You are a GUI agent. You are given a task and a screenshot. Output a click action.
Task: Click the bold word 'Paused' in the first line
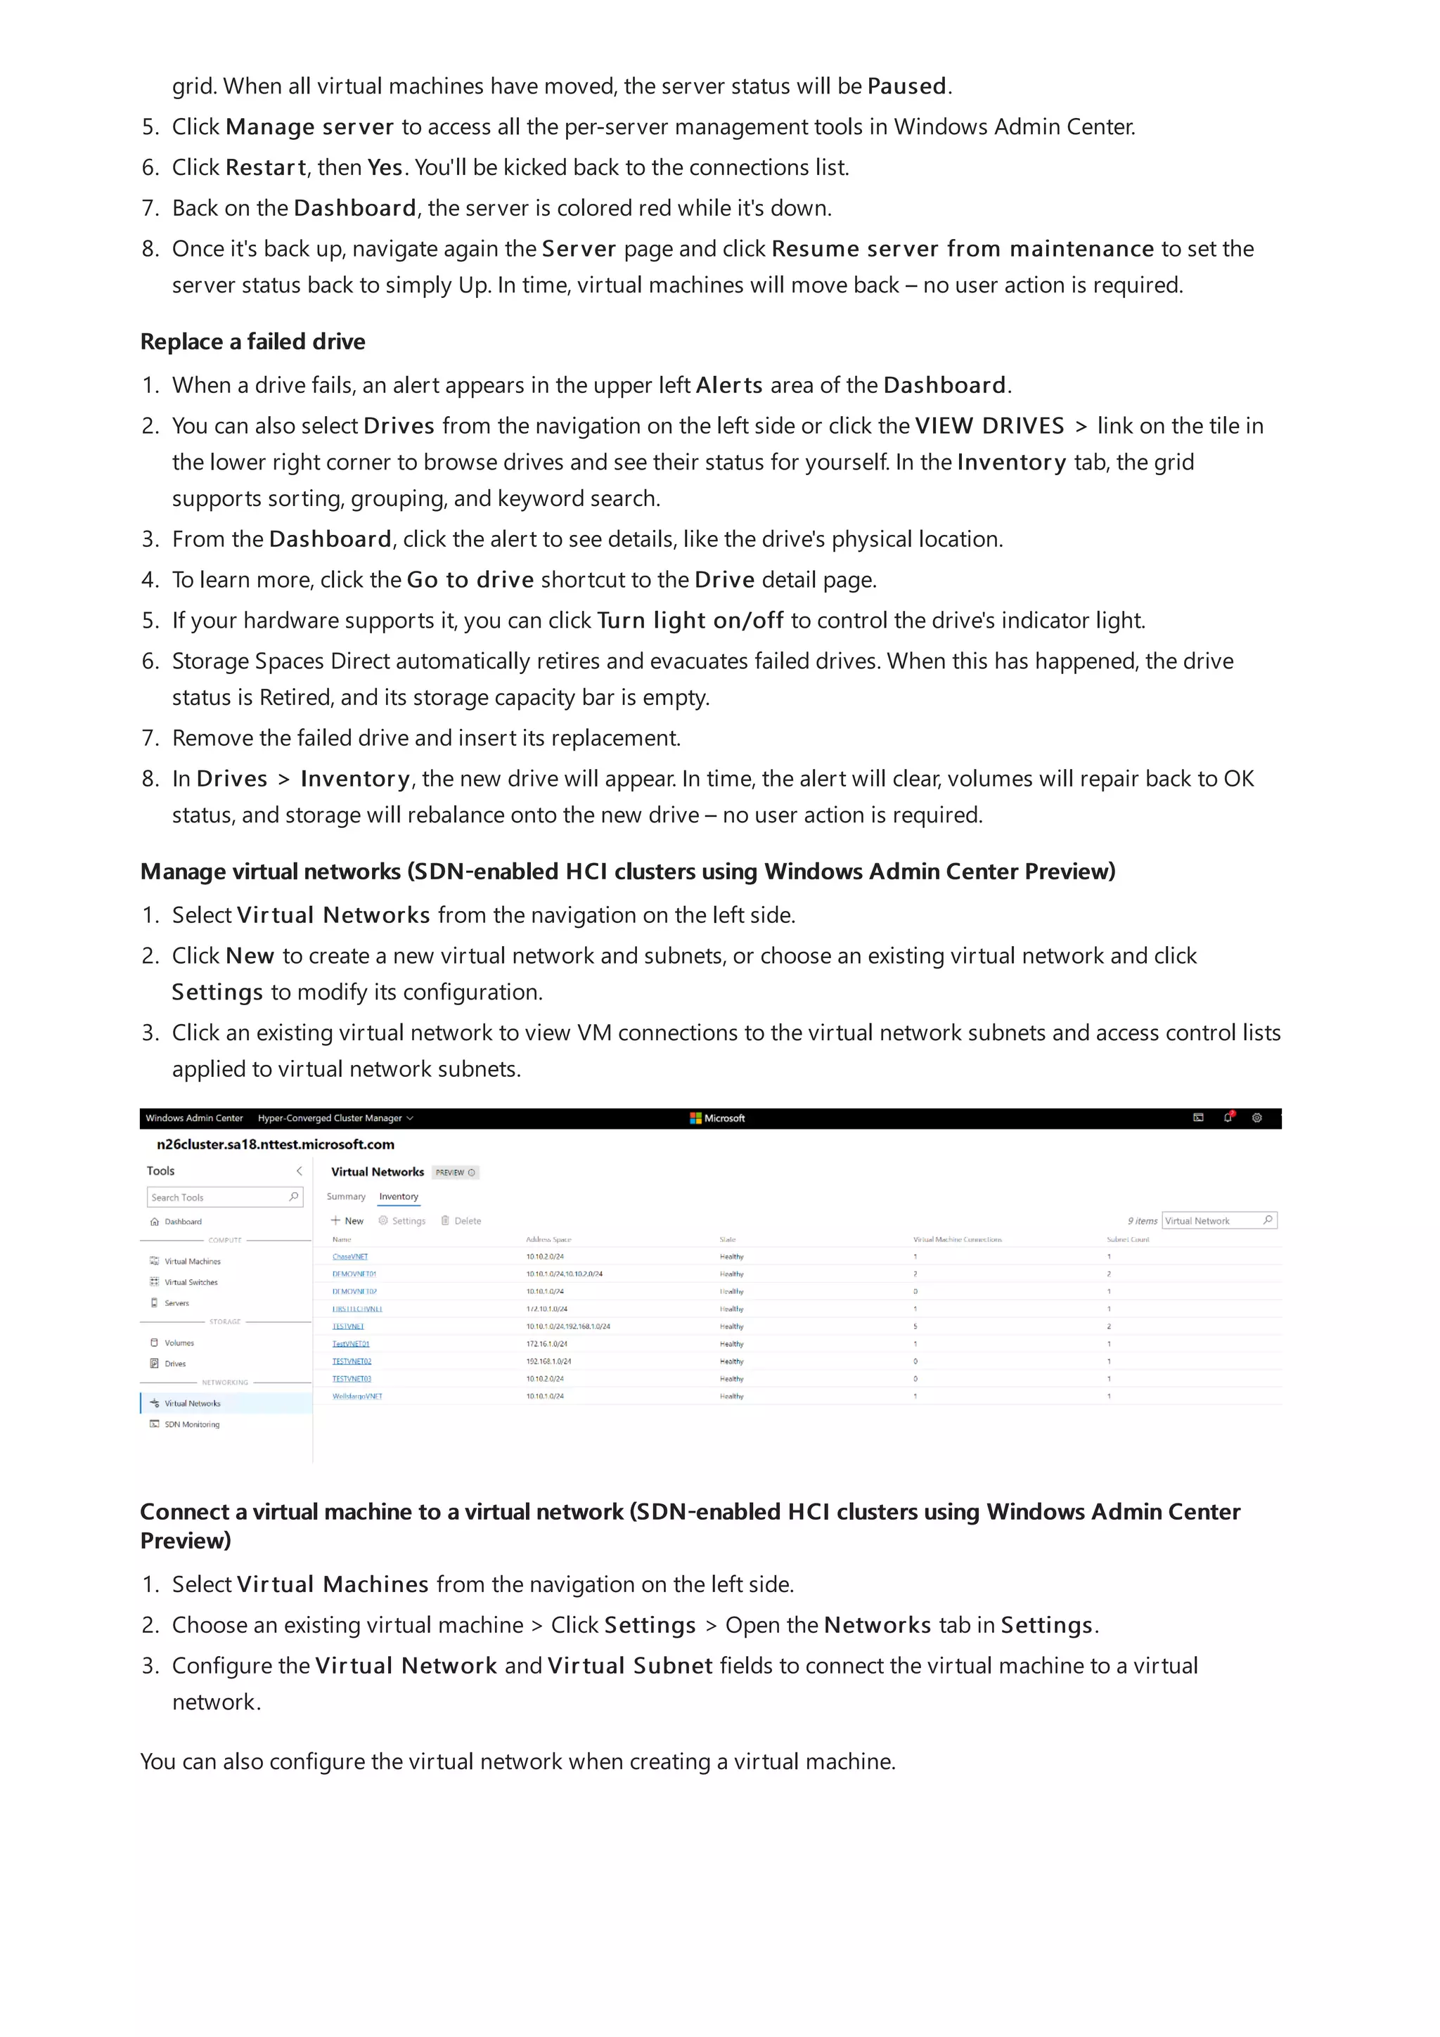(x=906, y=86)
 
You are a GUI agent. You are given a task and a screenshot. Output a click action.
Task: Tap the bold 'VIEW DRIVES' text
(x=989, y=426)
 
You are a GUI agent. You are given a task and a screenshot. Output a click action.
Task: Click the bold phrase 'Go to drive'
(x=470, y=579)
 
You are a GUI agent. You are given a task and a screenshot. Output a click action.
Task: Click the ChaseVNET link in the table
(x=349, y=1256)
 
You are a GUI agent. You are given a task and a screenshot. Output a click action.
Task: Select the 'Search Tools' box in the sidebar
(x=224, y=1197)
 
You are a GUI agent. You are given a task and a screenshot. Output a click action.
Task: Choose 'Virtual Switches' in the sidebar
(x=190, y=1282)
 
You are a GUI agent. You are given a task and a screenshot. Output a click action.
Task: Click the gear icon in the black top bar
(x=1256, y=1118)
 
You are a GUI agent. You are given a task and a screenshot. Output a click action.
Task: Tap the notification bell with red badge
(x=1228, y=1118)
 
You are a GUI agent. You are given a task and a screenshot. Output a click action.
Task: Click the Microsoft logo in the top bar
(x=717, y=1118)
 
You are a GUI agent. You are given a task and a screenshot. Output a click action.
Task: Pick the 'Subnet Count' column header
(x=1127, y=1239)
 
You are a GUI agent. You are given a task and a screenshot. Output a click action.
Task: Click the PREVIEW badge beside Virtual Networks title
(x=454, y=1172)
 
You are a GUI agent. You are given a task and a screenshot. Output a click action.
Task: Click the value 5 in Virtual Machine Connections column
(x=915, y=1326)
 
